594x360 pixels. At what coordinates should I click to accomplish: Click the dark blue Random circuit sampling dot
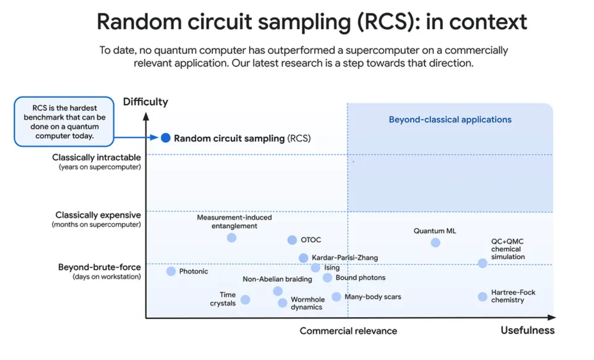point(166,138)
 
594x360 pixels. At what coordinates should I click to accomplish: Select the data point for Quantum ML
point(435,243)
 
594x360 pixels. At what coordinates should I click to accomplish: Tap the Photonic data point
point(171,271)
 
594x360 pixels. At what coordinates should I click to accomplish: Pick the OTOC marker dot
point(292,240)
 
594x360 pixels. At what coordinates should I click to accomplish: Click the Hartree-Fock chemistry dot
point(482,297)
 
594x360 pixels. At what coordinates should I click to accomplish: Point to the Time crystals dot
point(245,300)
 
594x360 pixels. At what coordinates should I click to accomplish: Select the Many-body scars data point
point(336,297)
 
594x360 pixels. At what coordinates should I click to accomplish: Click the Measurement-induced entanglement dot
point(231,238)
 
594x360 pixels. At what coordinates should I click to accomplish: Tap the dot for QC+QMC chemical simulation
point(482,263)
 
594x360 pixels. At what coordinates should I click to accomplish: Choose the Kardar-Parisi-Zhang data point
point(303,258)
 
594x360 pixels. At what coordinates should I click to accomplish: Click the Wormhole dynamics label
point(308,303)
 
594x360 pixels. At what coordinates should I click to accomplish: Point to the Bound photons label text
point(360,278)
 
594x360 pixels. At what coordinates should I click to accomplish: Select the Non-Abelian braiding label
point(277,280)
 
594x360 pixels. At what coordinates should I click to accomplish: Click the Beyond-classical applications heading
point(450,120)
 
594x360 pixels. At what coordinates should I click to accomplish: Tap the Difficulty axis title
point(146,102)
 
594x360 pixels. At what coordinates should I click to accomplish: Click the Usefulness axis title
point(528,330)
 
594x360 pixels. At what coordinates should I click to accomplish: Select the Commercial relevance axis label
point(348,331)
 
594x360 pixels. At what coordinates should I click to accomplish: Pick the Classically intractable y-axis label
point(97,158)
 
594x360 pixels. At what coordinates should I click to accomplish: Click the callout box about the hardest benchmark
point(64,121)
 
